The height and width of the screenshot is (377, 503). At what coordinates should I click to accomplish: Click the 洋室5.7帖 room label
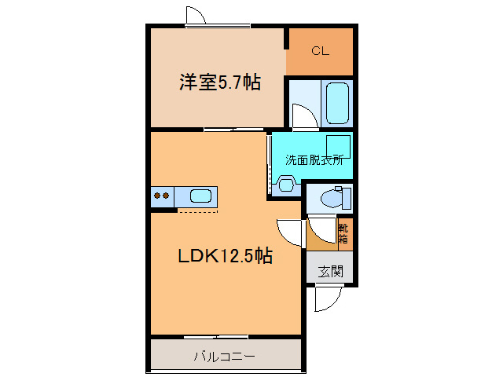220,82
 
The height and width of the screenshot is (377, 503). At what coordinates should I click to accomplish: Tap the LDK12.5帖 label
226,256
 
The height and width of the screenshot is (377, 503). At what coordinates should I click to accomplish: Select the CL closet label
320,51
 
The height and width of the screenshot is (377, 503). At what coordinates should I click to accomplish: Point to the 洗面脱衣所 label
314,159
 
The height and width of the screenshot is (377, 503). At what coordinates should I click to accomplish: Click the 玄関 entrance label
331,271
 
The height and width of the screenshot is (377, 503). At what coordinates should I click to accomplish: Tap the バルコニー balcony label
225,356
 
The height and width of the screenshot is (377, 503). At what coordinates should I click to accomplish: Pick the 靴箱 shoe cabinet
345,234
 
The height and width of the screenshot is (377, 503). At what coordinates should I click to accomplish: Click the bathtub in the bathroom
337,103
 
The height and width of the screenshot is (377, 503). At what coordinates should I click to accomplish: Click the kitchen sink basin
200,196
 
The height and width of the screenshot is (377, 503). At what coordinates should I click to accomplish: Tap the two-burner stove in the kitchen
162,196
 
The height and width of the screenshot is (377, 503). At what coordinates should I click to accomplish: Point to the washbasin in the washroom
286,185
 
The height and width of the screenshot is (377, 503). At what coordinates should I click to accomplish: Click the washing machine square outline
339,147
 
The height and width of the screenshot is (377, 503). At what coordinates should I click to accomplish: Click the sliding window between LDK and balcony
216,337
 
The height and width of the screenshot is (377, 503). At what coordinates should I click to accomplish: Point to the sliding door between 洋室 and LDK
233,130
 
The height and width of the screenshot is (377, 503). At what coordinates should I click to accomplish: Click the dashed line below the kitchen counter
198,211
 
